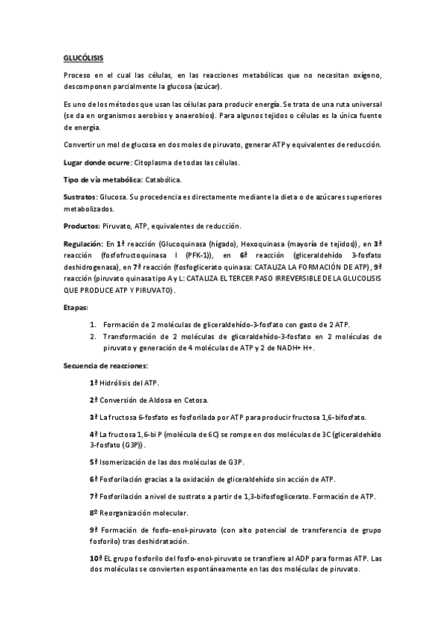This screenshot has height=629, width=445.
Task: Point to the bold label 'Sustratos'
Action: point(79,198)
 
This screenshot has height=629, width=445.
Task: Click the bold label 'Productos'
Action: point(81,225)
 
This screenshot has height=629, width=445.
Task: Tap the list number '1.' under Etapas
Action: point(93,304)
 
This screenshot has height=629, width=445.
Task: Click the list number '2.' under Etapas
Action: point(93,315)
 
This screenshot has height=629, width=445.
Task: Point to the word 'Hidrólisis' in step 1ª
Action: point(118,383)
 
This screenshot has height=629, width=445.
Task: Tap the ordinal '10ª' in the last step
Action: point(95,558)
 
